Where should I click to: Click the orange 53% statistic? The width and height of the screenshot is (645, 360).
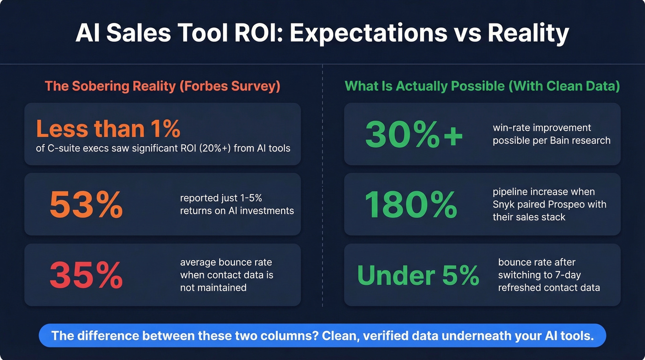point(86,204)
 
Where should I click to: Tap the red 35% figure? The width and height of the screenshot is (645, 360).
point(86,275)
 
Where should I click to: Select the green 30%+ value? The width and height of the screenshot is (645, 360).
point(414,134)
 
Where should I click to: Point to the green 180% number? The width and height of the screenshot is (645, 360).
point(411,204)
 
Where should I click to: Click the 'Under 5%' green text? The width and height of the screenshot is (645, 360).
point(418,275)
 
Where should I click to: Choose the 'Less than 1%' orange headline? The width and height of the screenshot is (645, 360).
point(108,129)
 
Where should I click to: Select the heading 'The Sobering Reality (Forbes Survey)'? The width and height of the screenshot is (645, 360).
point(162,86)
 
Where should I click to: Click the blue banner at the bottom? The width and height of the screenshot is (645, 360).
point(322,335)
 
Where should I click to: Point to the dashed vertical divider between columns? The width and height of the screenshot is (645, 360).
point(322,184)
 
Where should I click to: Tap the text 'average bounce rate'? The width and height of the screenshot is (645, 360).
point(226,262)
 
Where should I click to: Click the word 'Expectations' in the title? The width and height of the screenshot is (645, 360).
point(369,33)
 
